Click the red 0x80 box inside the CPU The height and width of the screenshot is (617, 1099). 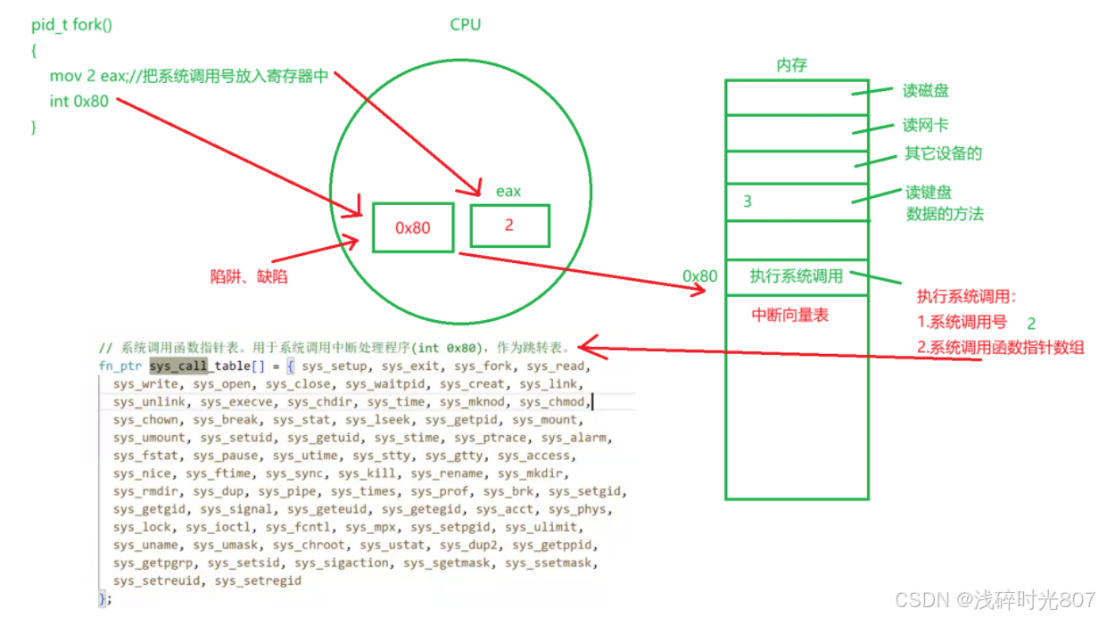(x=413, y=227)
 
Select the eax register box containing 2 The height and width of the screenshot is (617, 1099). (x=509, y=226)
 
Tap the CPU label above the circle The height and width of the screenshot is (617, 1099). (x=465, y=25)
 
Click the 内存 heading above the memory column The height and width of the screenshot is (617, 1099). (x=792, y=65)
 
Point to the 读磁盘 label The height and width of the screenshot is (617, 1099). (x=926, y=91)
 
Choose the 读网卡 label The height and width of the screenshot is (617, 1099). (x=926, y=126)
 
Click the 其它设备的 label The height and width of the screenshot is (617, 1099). (x=943, y=153)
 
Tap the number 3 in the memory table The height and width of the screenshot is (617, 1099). (x=748, y=202)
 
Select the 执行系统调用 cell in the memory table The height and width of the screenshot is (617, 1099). (x=796, y=276)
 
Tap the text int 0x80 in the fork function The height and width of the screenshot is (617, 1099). (x=78, y=101)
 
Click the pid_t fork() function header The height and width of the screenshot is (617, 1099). (x=72, y=25)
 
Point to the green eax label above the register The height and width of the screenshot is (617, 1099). (x=508, y=191)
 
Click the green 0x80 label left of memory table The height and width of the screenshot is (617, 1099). (x=700, y=276)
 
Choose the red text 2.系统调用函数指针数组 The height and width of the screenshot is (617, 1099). (x=1000, y=348)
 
